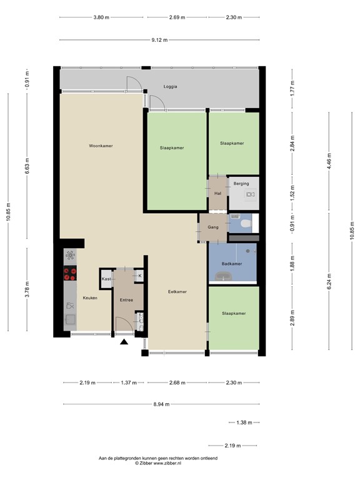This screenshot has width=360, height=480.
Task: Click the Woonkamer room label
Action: pos(101,146)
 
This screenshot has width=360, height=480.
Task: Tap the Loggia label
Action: pos(170,87)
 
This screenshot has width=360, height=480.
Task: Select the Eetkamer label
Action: pos(177,292)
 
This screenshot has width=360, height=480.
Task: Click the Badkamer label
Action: pos(232,264)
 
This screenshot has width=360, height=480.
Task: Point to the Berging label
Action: pos(241,184)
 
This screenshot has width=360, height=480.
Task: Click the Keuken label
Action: pos(90,297)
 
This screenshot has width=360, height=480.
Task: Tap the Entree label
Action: pos(126,300)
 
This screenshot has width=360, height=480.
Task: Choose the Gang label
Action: pos(213,227)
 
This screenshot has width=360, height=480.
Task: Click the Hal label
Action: pos(217,193)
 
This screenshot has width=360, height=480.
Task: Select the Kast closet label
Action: pos(106,279)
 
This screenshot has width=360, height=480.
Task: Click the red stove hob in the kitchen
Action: pos(70,273)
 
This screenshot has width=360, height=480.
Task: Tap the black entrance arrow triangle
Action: pos(124,342)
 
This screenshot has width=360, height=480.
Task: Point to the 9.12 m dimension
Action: pos(159,40)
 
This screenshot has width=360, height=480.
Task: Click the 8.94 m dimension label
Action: pos(161,404)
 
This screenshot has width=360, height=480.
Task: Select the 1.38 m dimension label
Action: pos(244,422)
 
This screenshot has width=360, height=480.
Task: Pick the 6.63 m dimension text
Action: pos(27,166)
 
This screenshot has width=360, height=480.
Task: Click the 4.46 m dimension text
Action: pos(329,161)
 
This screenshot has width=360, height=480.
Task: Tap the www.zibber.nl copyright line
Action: pos(158,464)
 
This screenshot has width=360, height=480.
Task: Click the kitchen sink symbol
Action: pos(70,319)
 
